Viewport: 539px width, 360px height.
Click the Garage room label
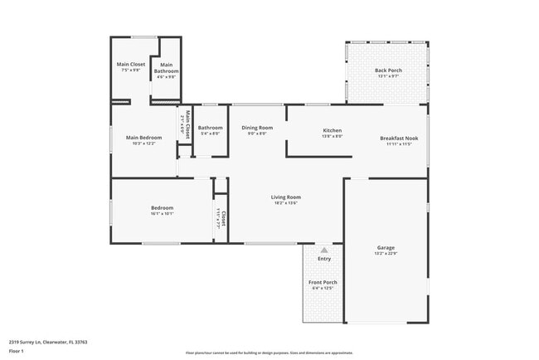point(386,247)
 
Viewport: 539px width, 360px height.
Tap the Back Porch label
point(388,71)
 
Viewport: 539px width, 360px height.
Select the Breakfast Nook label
point(399,138)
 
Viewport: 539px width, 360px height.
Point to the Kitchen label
point(332,130)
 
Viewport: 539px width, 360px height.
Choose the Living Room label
point(284,197)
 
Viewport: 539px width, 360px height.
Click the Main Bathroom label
point(166,68)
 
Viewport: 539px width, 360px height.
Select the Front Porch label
point(322,282)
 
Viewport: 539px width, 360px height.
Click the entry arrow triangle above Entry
point(324,249)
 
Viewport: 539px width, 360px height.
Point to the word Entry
point(324,259)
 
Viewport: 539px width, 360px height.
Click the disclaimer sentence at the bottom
point(269,352)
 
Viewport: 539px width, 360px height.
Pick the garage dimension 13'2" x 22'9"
point(386,254)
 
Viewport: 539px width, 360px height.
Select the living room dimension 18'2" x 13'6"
point(284,203)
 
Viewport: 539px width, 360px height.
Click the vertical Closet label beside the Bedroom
point(222,217)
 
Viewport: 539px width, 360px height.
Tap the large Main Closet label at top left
point(131,64)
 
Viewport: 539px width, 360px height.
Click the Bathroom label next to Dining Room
point(210,128)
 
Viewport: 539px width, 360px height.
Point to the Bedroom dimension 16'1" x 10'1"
point(162,214)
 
